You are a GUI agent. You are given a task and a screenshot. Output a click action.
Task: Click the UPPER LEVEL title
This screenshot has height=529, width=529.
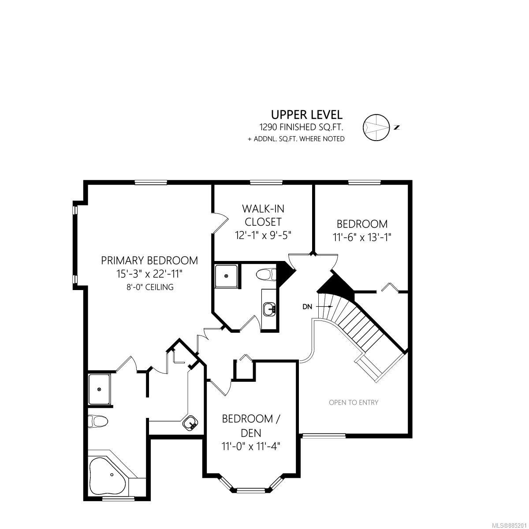tap(307, 115)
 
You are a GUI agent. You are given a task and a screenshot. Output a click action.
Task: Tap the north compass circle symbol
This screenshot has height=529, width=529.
tap(376, 127)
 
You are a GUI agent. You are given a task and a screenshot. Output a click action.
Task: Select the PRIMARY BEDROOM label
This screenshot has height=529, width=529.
tap(149, 261)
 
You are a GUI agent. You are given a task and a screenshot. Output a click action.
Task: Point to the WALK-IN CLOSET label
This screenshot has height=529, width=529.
tap(263, 215)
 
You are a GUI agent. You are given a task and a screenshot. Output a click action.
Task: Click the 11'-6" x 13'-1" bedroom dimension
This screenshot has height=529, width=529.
tap(362, 237)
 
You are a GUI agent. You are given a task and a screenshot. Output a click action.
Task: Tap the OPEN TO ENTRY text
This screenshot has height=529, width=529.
tap(354, 402)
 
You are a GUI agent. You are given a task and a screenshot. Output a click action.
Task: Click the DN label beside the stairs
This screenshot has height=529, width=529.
tap(307, 307)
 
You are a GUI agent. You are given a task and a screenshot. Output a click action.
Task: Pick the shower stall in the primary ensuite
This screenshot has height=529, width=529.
tap(99, 389)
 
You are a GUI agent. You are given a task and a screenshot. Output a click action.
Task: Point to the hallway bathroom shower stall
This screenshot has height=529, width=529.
tap(226, 276)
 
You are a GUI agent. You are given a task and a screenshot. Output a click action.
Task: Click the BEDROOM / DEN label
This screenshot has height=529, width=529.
tap(251, 426)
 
